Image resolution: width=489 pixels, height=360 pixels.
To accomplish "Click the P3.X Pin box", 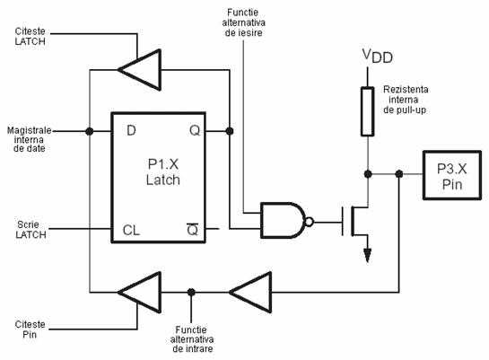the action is [452, 175].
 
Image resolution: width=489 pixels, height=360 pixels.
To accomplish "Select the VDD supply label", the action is [378, 57].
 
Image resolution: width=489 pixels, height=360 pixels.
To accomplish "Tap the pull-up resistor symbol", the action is [368, 111].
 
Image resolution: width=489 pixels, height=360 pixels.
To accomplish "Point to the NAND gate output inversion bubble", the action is [309, 222].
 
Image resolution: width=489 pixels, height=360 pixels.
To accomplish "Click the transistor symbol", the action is [355, 221].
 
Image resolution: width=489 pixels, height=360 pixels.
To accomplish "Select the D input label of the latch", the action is [131, 130].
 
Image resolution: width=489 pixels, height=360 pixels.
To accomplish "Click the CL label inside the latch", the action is [131, 230].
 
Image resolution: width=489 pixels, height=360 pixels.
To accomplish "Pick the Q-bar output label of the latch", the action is [192, 230].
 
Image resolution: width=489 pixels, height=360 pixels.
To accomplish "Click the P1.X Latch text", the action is [163, 171].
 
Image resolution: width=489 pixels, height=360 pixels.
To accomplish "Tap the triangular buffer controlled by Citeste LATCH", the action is [140, 70].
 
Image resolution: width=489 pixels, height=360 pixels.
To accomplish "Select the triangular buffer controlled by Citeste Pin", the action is [140, 293].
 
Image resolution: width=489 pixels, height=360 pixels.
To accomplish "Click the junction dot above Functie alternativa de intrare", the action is [191, 293].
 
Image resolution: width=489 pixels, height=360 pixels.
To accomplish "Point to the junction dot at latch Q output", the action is [230, 131].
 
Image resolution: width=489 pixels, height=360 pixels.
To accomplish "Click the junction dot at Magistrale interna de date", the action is [90, 131].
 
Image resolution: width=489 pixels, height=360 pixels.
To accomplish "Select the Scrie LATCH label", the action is [31, 230].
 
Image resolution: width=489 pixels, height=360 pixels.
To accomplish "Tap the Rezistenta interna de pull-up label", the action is [406, 100].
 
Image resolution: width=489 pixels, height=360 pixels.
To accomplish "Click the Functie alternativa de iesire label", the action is [243, 22].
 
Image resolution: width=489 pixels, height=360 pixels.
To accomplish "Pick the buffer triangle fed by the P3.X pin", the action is [250, 293].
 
